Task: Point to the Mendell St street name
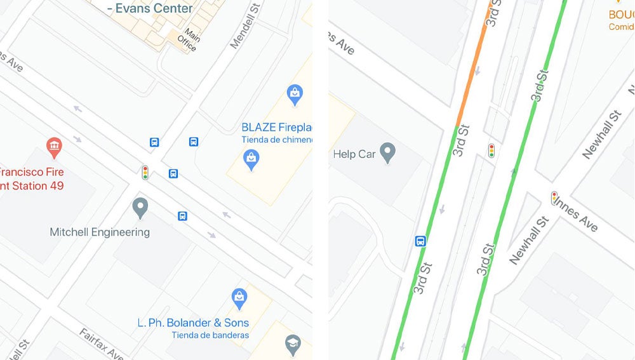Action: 245,26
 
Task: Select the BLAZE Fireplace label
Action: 277,128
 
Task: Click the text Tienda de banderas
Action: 210,335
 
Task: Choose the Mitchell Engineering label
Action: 100,232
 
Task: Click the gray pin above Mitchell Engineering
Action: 140,207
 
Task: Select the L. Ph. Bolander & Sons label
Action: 193,323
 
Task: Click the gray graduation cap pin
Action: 293,343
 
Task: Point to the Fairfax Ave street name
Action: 102,343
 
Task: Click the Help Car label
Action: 354,154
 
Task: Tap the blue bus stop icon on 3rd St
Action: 420,241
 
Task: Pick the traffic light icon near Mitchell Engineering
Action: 145,173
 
